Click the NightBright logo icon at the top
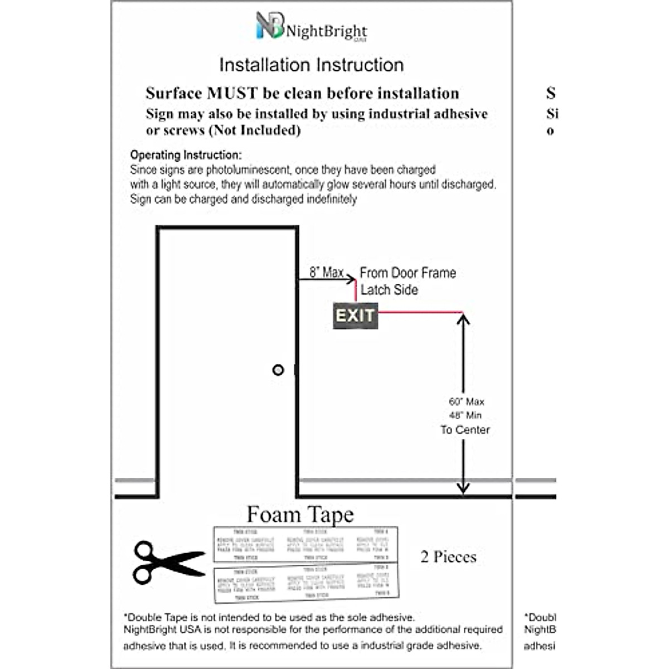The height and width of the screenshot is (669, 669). (270, 26)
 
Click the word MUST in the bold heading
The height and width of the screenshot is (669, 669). (232, 93)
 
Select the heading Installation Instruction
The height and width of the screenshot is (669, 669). (311, 65)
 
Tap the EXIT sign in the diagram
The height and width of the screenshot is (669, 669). (355, 316)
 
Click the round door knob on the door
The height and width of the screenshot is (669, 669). (278, 370)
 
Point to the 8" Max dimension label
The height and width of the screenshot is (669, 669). (326, 273)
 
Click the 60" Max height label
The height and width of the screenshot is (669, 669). (467, 401)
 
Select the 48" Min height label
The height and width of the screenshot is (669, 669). (465, 415)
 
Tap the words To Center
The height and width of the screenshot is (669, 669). (465, 430)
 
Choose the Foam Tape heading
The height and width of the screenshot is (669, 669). (300, 514)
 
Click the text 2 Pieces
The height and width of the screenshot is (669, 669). (448, 556)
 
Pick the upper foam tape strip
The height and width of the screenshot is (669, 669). (305, 544)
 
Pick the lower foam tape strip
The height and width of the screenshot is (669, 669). (307, 582)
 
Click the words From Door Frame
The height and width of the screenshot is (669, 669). (408, 273)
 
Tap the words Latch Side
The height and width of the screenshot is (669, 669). (389, 290)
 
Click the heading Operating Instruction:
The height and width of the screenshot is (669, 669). (186, 155)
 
